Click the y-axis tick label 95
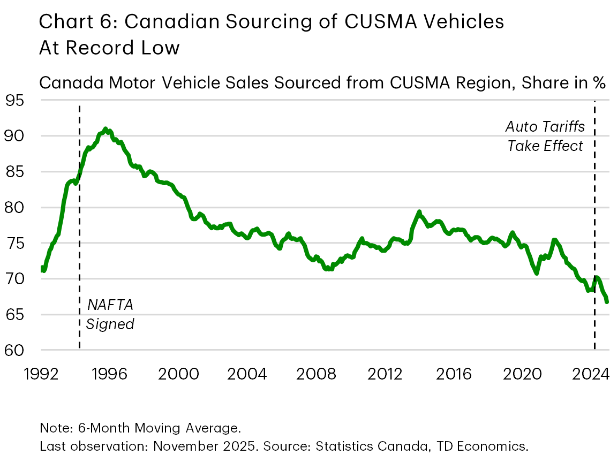(16, 100)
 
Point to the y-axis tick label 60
(16, 350)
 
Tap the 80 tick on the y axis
(16, 207)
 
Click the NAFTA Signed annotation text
(110, 315)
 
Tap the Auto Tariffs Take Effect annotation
(545, 136)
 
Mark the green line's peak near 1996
(106, 128)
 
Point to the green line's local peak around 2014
(419, 211)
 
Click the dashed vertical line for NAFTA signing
(80, 241)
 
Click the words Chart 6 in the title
(68, 22)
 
